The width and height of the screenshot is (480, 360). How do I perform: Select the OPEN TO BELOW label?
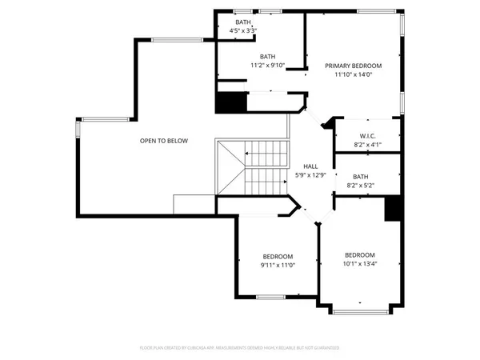pos(164,141)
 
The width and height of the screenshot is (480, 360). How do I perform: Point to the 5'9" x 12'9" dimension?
pos(310,175)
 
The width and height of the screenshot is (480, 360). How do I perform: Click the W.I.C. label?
pos(368,135)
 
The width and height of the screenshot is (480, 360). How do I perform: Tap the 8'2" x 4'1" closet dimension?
pos(368,145)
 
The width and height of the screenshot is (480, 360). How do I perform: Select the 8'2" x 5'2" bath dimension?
pos(361,186)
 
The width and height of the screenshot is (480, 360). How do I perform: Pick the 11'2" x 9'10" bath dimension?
pos(266,66)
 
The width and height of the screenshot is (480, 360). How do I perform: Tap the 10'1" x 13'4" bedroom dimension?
pos(360,264)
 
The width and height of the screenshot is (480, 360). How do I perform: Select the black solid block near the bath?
pos(230,103)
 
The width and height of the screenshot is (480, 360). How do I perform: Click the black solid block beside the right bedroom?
pos(392,208)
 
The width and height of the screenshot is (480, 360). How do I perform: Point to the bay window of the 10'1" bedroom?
pos(360,310)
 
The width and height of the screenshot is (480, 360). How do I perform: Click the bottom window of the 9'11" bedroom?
pos(276,298)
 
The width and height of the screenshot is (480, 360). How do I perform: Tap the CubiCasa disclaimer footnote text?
pos(239,348)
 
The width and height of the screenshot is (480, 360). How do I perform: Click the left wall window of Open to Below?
pos(78,130)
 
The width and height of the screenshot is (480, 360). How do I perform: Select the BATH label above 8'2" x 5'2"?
pos(361,177)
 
